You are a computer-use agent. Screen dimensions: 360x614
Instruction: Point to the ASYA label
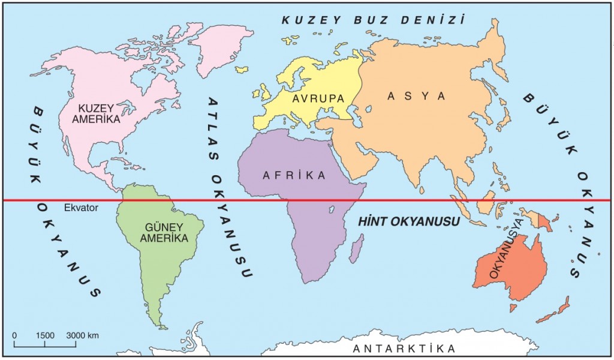417,96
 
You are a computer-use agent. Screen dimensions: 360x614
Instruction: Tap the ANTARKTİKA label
404,349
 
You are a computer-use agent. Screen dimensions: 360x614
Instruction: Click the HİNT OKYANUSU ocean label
408,221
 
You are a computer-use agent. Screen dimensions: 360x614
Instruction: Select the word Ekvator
80,208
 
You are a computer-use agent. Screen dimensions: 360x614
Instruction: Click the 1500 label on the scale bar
45,335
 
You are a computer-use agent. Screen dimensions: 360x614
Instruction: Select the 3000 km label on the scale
82,335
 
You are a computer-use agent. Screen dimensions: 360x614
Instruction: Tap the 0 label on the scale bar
14,335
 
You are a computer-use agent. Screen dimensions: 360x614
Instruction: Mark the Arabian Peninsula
359,159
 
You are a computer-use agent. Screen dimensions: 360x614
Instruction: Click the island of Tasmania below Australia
513,307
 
